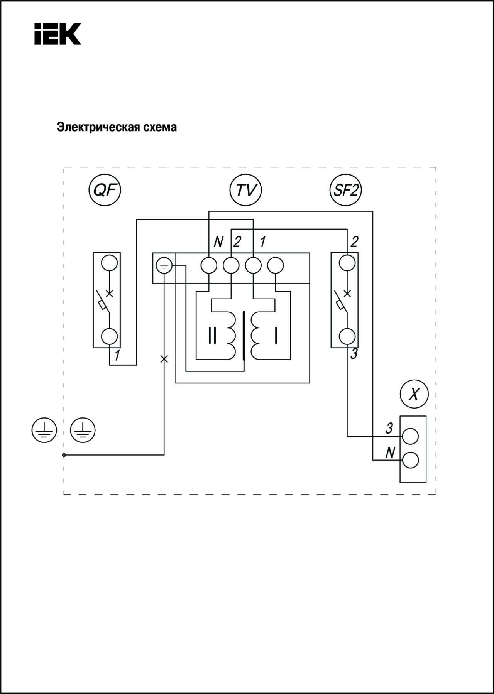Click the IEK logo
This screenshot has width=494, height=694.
click(58, 34)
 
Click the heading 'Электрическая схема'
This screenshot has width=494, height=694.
click(117, 127)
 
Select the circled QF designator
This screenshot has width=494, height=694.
click(105, 190)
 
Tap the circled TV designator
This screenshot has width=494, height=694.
click(245, 190)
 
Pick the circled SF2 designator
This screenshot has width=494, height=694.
click(345, 190)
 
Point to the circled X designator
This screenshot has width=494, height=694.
click(414, 394)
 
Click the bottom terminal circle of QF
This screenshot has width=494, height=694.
click(109, 337)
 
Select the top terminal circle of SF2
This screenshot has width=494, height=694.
click(347, 263)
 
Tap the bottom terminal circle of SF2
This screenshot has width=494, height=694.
click(347, 337)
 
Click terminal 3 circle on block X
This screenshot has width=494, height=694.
click(410, 436)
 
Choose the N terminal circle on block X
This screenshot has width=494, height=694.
click(410, 460)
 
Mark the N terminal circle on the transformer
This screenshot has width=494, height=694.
click(209, 265)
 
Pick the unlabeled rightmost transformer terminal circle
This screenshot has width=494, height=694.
click(276, 265)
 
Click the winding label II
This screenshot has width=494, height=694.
click(212, 336)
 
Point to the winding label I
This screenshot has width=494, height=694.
click(276, 336)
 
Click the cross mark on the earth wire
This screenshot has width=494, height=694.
click(164, 359)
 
